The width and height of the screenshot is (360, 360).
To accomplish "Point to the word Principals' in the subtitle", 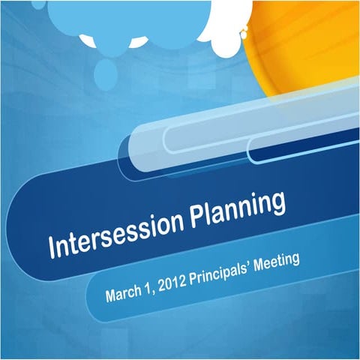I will click(222, 271).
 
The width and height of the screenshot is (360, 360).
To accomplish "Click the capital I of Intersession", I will click(52, 247).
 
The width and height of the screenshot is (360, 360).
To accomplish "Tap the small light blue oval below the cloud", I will click(105, 71).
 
